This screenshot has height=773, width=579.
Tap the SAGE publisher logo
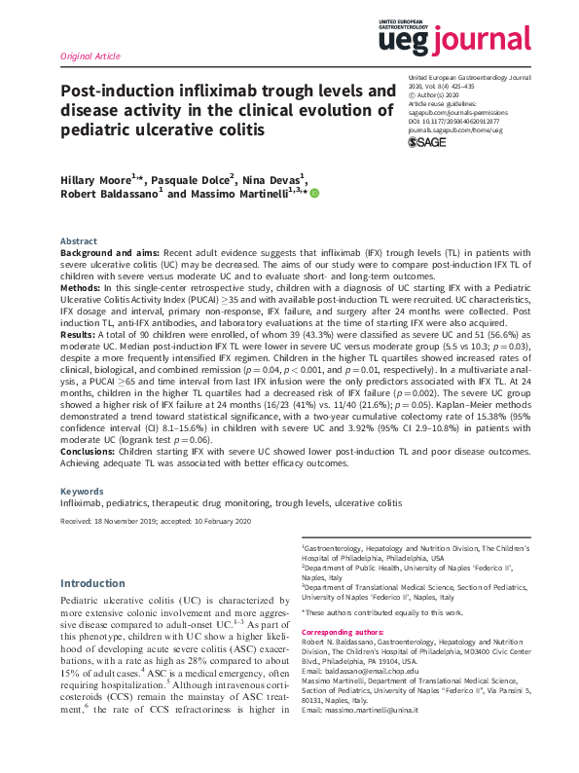[x=425, y=142]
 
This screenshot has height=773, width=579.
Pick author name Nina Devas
[x=276, y=178]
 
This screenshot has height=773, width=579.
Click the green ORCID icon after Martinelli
[x=314, y=194]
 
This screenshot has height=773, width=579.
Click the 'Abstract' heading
[x=79, y=240]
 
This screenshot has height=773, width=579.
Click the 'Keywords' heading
[x=82, y=492]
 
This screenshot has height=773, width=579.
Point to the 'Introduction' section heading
[x=92, y=584]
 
